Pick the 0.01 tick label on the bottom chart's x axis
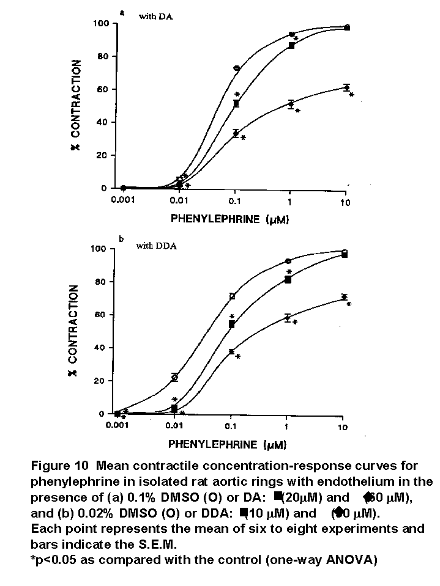tap(174, 426)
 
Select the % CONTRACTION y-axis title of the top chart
tap(78, 105)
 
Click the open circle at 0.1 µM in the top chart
tap(236, 68)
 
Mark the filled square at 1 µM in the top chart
tap(292, 45)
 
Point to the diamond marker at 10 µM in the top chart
tap(346, 88)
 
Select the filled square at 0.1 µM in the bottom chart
tap(231, 325)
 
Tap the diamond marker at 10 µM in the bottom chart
tap(344, 297)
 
